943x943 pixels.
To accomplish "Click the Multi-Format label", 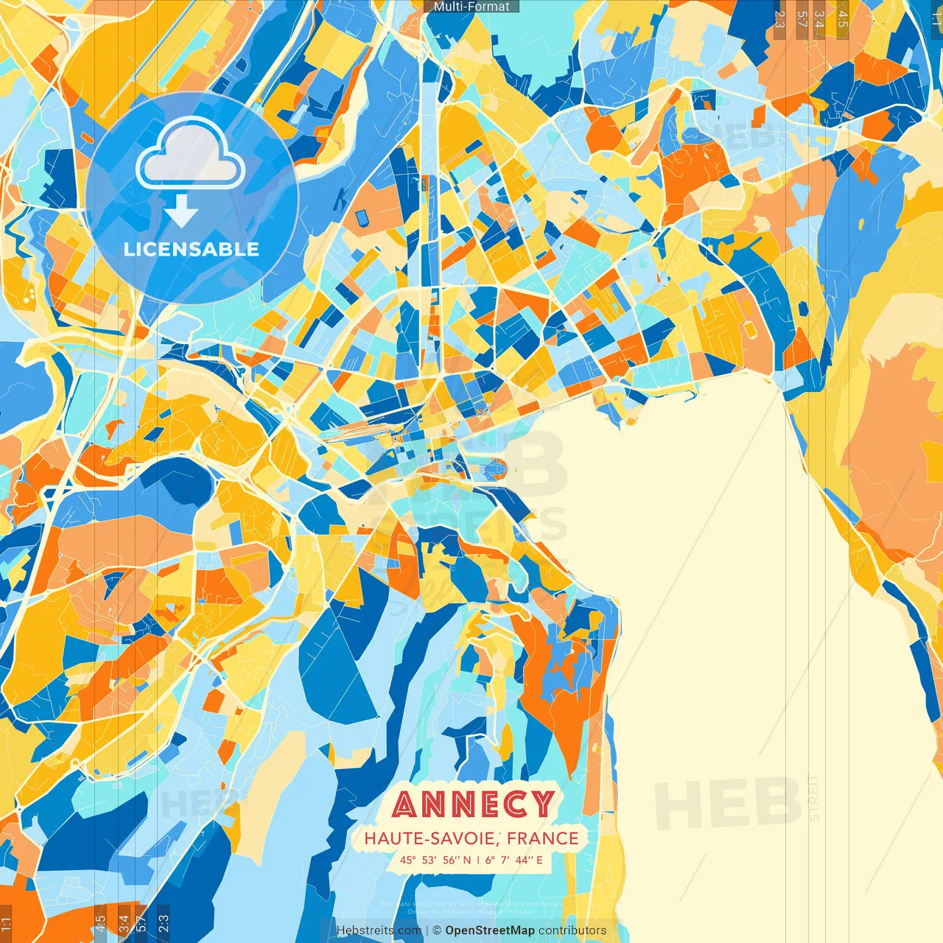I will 471,7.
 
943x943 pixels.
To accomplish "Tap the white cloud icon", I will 190,156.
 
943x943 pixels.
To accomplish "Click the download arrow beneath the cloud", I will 181,214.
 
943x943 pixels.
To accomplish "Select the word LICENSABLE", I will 192,249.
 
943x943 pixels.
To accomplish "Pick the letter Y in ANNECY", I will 542,804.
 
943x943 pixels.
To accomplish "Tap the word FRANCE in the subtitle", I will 543,838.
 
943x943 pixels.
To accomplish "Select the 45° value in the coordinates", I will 408,860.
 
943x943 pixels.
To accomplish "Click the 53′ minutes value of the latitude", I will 430,860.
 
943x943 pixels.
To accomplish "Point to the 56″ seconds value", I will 452,860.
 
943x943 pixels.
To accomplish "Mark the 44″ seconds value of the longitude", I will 524,860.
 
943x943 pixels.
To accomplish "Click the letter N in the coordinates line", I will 466,860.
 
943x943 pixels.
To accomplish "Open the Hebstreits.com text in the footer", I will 379,930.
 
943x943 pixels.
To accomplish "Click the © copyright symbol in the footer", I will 436,930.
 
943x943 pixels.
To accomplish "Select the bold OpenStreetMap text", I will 490,930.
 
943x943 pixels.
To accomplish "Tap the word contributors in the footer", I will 572,930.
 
